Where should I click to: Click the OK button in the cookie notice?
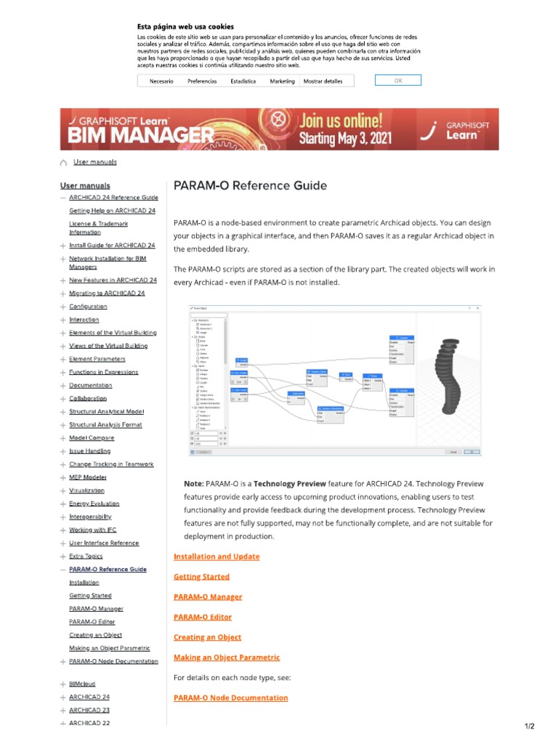[397, 81]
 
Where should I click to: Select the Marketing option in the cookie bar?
[282, 81]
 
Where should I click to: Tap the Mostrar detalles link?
[323, 81]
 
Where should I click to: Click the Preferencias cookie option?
[202, 81]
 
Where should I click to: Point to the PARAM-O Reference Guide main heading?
[250, 185]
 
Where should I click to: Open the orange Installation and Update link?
[217, 557]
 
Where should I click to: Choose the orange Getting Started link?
[201, 577]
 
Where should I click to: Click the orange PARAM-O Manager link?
[208, 597]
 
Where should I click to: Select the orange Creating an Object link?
[207, 637]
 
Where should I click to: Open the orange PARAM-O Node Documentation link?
[230, 698]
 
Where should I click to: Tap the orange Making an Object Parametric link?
[226, 658]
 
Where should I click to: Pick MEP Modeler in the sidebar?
[87, 477]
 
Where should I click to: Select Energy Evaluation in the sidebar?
[94, 504]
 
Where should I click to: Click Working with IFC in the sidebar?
[92, 530]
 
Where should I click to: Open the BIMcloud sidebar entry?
[82, 684]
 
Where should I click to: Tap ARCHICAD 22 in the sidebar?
[89, 723]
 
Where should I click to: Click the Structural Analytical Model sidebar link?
[106, 412]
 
